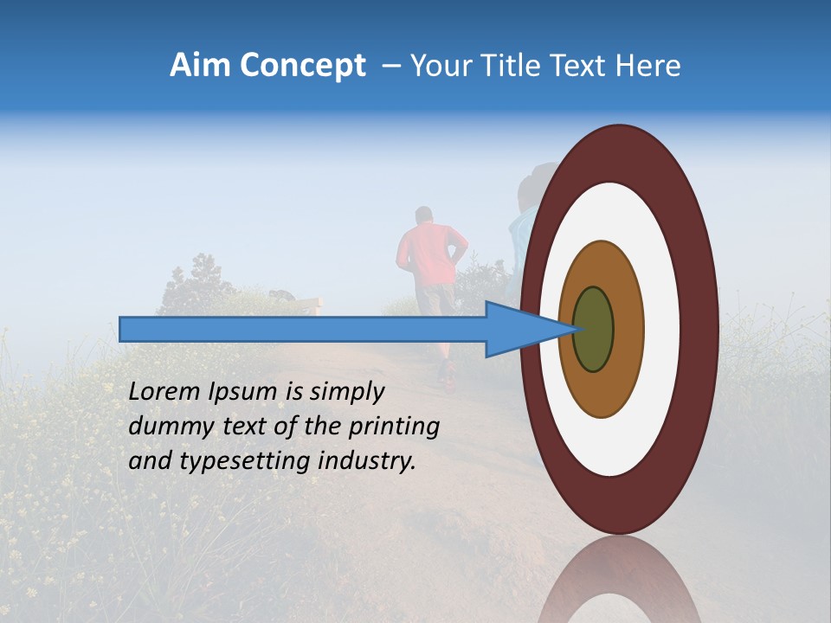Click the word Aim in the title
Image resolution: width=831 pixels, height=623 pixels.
tap(199, 66)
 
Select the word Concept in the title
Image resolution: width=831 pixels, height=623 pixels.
tap(302, 66)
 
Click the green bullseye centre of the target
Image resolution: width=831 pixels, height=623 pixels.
tap(594, 329)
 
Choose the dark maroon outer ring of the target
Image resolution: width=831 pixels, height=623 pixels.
tap(701, 329)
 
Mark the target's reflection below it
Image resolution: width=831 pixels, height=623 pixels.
tap(620, 580)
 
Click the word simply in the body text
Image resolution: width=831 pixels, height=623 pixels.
tap(345, 392)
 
